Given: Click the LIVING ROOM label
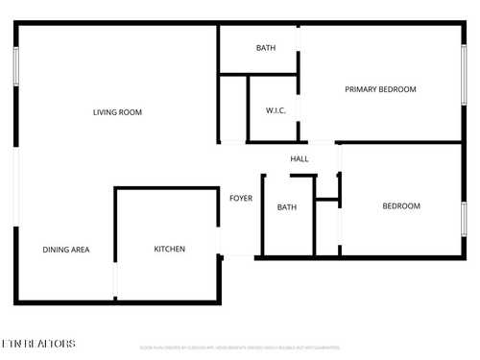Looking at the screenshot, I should (117, 112).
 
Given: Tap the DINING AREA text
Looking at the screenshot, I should (66, 250).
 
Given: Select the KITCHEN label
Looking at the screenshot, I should (170, 250).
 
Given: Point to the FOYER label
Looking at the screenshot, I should (240, 199).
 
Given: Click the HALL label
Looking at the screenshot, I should (300, 158).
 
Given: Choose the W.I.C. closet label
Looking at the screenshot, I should (276, 110).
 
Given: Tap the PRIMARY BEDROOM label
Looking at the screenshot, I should (380, 89).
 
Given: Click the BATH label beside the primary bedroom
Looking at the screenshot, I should (266, 48).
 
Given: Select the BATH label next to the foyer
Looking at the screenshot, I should (287, 207).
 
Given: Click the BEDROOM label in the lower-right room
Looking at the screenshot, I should (401, 206).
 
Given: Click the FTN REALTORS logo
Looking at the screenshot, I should (37, 343).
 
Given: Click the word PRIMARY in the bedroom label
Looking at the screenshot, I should (362, 89).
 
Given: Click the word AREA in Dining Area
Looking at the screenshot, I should (81, 250).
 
